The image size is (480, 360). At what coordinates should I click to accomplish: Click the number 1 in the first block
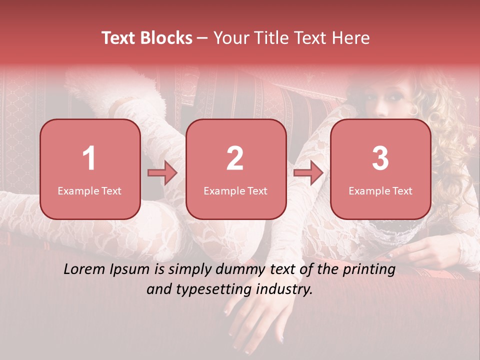(x=89, y=158)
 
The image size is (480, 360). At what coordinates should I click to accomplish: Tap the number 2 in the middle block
(x=235, y=158)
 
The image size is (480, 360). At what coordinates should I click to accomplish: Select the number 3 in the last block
(x=380, y=158)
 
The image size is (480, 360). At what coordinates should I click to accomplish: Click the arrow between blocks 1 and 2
(x=162, y=173)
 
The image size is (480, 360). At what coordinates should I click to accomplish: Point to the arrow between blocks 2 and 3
(x=308, y=173)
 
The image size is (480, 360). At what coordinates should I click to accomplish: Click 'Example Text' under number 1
(x=89, y=191)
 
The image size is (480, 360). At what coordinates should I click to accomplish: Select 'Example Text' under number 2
(x=235, y=191)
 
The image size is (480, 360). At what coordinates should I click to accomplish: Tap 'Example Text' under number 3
(x=380, y=191)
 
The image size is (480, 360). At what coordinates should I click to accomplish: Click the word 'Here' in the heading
(x=352, y=38)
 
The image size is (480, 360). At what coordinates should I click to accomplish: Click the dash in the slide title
(x=202, y=38)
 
